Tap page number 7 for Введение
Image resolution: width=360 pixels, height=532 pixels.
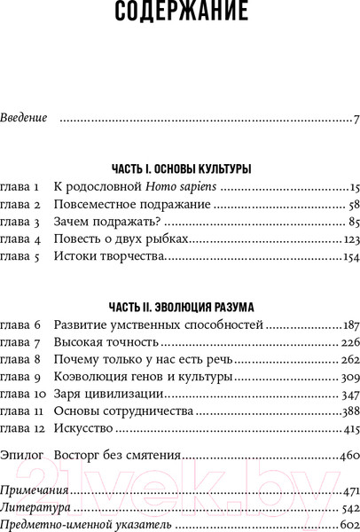point(354,118)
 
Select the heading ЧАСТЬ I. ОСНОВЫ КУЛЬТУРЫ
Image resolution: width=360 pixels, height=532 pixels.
point(181,168)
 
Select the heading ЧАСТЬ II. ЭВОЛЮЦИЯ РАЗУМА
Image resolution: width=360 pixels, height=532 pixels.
point(181,306)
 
